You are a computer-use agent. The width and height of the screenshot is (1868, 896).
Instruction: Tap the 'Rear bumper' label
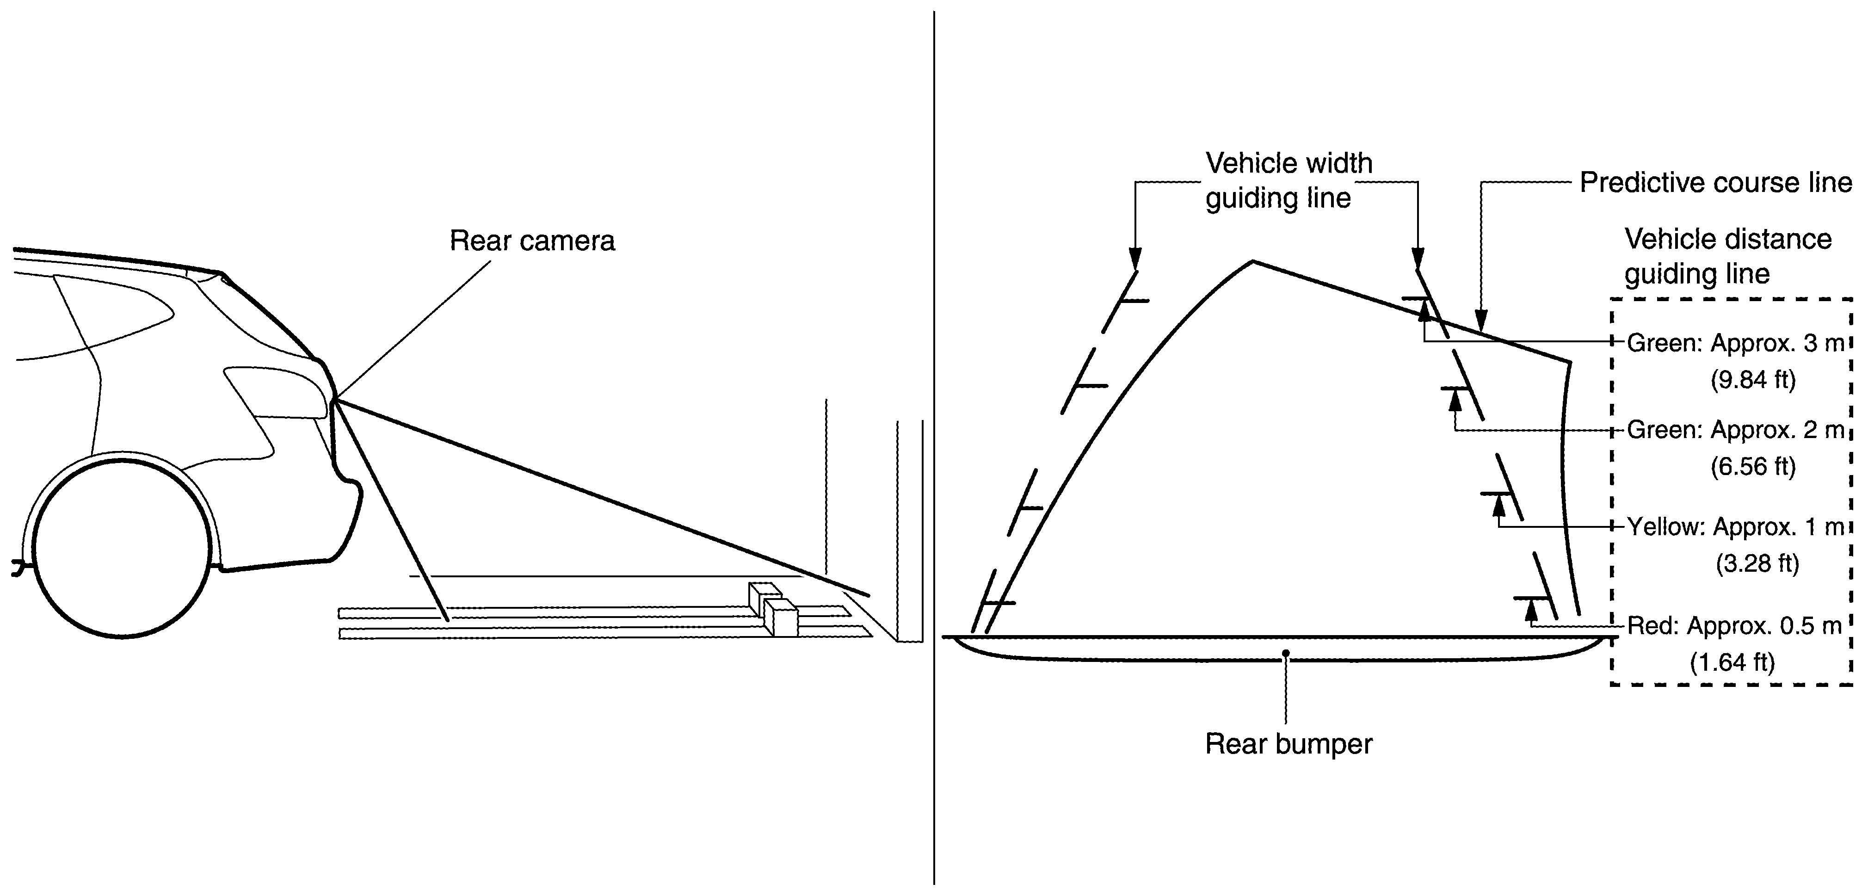(1288, 744)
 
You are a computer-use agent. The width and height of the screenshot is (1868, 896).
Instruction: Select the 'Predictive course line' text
(1716, 183)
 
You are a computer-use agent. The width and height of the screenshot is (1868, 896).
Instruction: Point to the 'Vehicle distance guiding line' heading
(1728, 256)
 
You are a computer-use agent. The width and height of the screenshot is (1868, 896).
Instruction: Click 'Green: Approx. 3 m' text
(1734, 343)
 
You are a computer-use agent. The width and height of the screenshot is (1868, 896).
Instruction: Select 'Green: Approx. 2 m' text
(1734, 430)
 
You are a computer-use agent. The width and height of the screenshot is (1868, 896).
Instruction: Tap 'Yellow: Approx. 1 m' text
(1734, 527)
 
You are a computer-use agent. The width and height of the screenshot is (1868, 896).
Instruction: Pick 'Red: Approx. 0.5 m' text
(1734, 625)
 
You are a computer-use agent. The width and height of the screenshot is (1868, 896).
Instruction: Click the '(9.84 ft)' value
(1753, 379)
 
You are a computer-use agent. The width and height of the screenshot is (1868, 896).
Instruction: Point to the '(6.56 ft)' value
(1753, 466)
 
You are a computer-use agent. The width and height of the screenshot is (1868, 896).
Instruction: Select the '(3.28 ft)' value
(1757, 563)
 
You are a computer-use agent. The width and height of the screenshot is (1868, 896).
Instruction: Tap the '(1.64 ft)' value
(1732, 661)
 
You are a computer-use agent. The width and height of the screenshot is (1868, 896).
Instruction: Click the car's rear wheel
(122, 545)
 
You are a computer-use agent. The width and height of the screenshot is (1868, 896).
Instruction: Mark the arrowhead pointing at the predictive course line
(1481, 320)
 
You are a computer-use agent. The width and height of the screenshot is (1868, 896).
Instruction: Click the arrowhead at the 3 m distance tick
(1424, 311)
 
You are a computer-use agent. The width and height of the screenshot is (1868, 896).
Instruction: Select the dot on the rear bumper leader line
(1286, 653)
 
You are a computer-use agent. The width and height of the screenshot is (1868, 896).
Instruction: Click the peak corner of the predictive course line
(1252, 261)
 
